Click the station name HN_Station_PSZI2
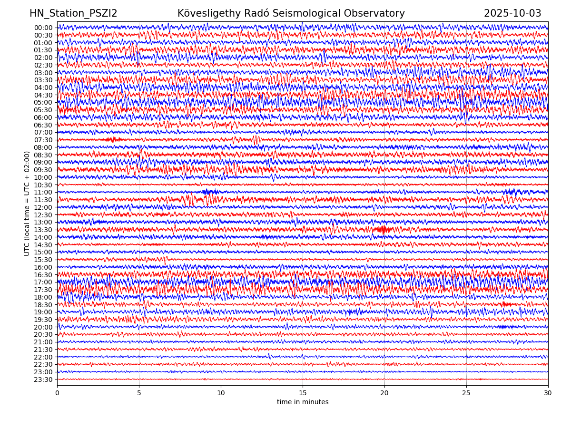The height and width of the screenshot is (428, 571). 73,13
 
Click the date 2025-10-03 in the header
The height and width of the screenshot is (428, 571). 512,13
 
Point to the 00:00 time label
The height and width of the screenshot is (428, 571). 43,28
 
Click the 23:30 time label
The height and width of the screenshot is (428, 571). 43,379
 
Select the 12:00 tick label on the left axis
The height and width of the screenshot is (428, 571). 43,207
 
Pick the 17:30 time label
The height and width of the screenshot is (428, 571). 43,290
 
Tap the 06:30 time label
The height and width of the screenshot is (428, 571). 43,125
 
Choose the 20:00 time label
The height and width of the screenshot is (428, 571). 43,327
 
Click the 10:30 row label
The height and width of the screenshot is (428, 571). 43,185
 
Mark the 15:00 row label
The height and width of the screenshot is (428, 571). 43,252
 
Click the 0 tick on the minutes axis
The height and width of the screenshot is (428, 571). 57,393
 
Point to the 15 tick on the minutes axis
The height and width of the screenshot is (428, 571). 303,393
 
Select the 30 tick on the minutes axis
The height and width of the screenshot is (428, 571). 548,393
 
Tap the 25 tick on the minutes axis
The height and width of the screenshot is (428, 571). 466,393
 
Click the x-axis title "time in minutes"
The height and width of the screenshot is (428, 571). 303,402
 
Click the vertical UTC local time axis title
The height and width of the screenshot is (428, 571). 27,204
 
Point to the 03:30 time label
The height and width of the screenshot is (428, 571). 43,80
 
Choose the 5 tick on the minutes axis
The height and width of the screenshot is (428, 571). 139,393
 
